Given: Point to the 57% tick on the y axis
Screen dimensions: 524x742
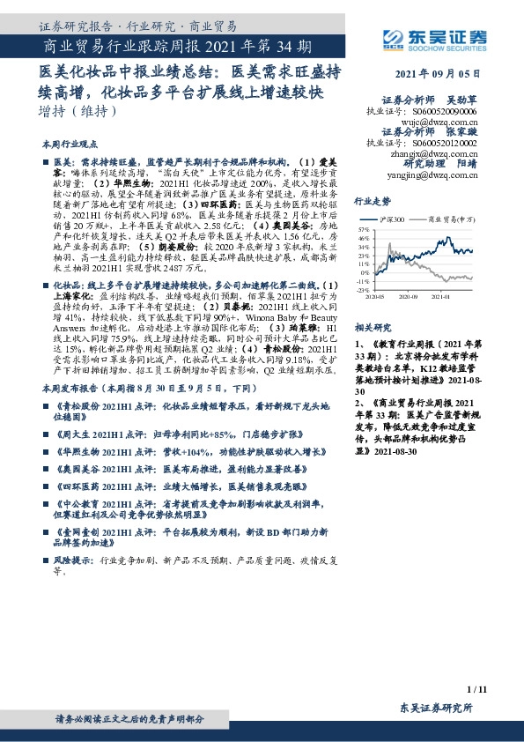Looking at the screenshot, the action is [x=362, y=227].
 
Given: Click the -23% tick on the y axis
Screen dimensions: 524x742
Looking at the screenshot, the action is [x=362, y=290].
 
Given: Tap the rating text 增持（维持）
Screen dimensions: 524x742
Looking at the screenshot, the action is [x=78, y=113].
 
